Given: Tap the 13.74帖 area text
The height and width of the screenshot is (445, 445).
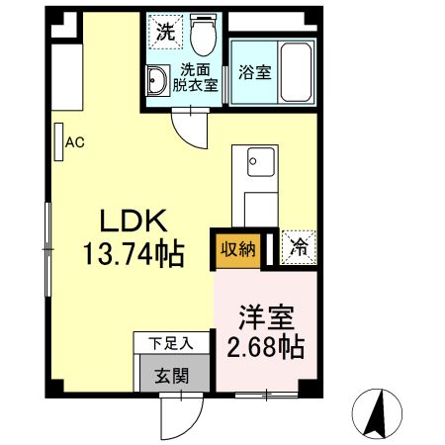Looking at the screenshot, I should coord(134,254).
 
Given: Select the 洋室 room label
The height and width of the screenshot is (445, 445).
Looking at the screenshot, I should coord(264,320).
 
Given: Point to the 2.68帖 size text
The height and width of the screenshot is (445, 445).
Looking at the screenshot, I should coord(264,348).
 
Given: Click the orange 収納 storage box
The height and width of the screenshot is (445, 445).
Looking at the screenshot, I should coord(237,249).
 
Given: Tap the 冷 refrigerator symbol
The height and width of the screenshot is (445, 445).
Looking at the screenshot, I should coord(296,249).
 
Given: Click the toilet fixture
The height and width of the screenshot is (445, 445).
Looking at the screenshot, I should coord(205,36).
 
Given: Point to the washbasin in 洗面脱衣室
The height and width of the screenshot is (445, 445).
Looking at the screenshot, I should coord(158,80).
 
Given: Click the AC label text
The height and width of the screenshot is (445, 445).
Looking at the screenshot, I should coord(75,141).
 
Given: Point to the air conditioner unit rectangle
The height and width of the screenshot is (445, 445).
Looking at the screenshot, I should coord(58,141).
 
